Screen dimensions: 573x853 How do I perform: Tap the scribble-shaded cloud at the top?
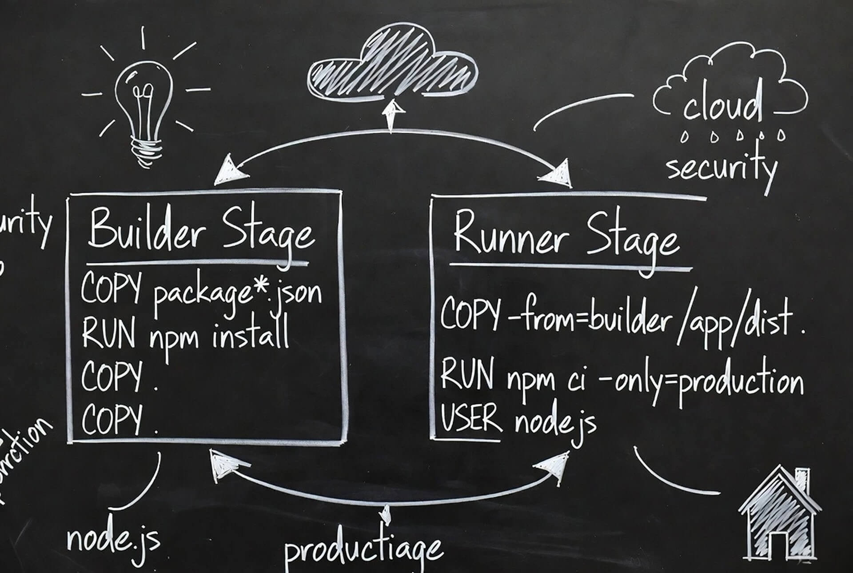(x=393, y=67)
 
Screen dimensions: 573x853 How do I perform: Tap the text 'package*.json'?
(x=237, y=293)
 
